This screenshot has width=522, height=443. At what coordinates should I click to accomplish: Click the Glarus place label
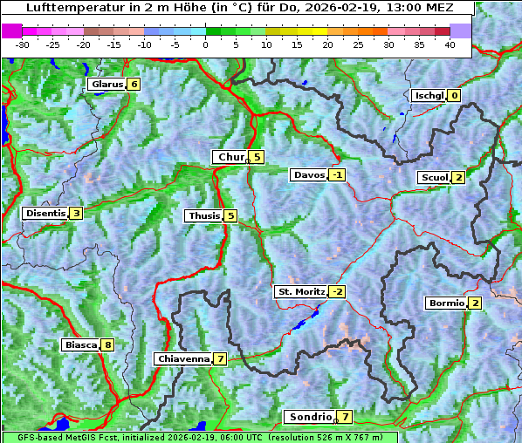106,85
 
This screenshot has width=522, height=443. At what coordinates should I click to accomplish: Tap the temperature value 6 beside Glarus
134,85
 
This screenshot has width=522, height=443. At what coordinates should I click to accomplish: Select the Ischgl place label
429,96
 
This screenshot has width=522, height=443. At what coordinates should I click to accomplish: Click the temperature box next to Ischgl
454,96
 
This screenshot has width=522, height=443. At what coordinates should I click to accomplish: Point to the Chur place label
231,157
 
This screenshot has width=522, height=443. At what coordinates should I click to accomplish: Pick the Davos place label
309,174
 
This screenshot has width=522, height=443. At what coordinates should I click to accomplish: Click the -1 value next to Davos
337,174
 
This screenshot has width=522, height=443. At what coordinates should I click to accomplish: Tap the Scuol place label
435,178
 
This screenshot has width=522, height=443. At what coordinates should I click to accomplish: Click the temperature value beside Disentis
77,213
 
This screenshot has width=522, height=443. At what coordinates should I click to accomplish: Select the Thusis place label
203,215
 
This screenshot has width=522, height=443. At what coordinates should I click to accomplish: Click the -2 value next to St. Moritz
337,291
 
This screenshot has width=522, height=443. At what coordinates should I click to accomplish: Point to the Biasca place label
81,345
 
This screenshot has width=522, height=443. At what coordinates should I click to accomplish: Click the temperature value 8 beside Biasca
107,345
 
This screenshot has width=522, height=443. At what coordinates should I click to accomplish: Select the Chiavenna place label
183,358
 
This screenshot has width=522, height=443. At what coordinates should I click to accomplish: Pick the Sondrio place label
311,417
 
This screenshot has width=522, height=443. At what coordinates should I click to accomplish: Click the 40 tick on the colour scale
450,44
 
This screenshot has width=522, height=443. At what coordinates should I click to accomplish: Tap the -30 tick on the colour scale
23,44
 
